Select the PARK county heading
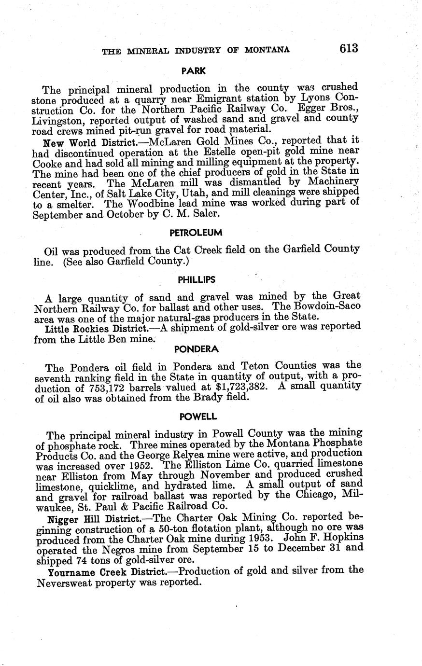pyautogui.click(x=194, y=71)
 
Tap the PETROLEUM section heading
pyautogui.click(x=196, y=232)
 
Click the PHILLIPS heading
pyautogui.click(x=196, y=279)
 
